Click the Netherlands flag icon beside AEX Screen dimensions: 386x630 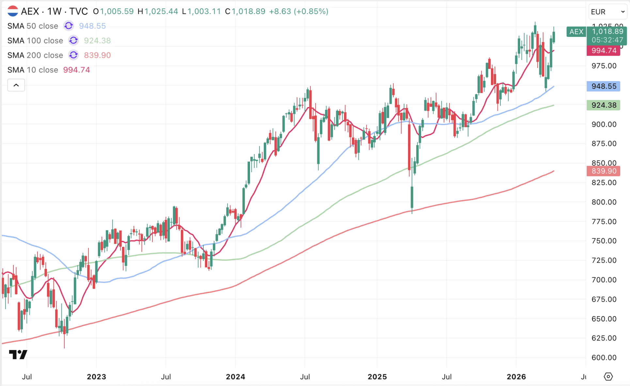click(x=13, y=11)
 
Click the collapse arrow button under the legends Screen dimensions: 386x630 click(x=16, y=85)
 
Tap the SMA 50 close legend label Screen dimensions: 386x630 click(x=33, y=26)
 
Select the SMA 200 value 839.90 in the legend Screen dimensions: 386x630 click(x=97, y=55)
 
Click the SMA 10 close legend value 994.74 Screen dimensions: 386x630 click(x=76, y=70)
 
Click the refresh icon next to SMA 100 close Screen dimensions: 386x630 click(x=73, y=40)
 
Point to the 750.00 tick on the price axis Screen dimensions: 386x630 click(x=604, y=241)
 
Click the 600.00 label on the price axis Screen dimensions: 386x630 click(x=604, y=358)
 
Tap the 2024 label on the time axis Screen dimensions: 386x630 click(x=235, y=377)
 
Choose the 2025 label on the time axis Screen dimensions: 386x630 click(x=377, y=377)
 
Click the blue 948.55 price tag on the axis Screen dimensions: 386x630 click(x=604, y=86)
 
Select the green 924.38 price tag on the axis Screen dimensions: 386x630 click(x=604, y=105)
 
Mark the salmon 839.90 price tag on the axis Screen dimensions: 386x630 click(x=604, y=171)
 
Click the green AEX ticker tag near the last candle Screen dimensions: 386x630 click(x=576, y=32)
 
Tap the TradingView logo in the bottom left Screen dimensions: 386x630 click(x=18, y=355)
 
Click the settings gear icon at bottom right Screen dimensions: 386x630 click(x=608, y=377)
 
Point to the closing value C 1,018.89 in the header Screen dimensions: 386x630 click(x=245, y=11)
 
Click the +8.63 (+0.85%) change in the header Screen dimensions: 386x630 click(x=298, y=11)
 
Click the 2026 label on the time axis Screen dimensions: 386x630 click(x=516, y=377)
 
